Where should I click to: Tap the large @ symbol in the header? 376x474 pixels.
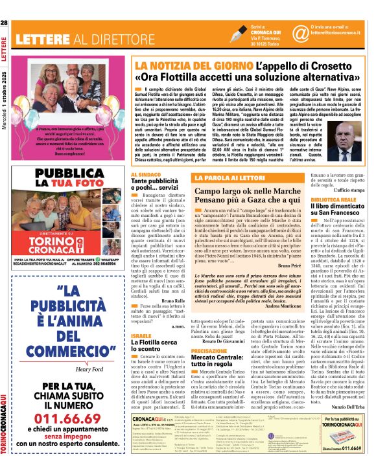coord(300,33)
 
